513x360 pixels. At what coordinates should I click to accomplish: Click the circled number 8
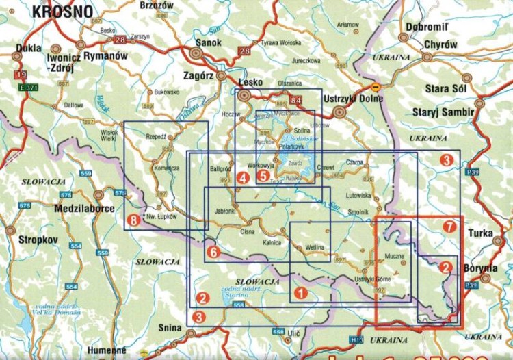[x=133, y=220]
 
